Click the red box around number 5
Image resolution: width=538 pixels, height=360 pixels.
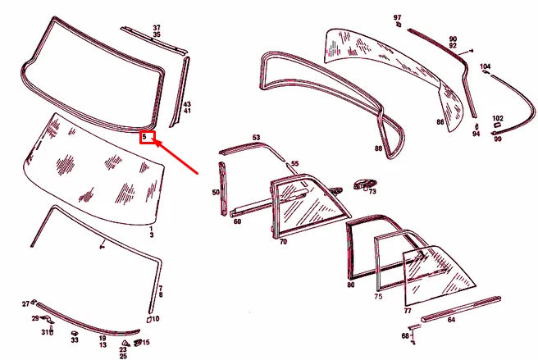(147, 137)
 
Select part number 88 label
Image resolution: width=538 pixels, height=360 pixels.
(378, 149)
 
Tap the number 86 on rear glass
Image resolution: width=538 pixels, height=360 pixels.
(440, 122)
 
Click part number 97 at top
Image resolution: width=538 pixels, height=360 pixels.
(397, 16)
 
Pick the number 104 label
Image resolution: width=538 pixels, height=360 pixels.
(486, 66)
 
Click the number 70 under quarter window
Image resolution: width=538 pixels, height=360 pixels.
(283, 243)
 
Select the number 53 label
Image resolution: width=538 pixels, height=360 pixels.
(256, 138)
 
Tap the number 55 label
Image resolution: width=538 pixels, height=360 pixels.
(294, 164)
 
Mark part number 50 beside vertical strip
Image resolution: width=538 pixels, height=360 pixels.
(216, 193)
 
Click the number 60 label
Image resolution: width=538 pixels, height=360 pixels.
(237, 221)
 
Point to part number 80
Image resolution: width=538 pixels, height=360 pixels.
(350, 285)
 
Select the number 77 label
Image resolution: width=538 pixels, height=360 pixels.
(407, 312)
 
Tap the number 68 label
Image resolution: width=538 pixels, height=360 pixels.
(405, 335)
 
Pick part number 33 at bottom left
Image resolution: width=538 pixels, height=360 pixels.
(74, 340)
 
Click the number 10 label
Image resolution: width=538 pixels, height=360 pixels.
(156, 319)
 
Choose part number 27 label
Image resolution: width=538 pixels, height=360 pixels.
(25, 303)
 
